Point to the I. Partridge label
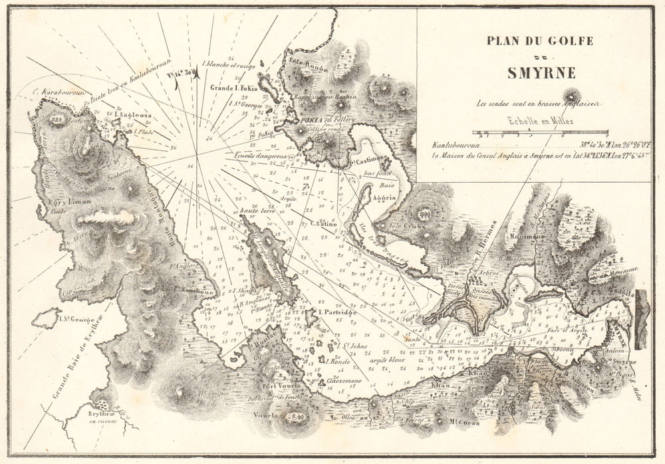[338, 312]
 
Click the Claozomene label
[326, 382]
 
